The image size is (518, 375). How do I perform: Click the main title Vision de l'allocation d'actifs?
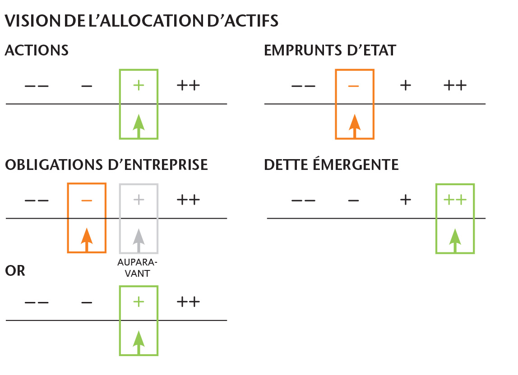pyautogui.click(x=141, y=21)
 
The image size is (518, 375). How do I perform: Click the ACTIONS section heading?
pyautogui.click(x=37, y=50)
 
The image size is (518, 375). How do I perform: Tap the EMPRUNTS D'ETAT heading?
pyautogui.click(x=330, y=50)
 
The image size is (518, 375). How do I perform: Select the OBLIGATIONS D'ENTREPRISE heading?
pyautogui.click(x=106, y=165)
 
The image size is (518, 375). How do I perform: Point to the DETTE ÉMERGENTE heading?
pyautogui.click(x=331, y=165)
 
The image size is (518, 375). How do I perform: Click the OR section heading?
pyautogui.click(x=15, y=271)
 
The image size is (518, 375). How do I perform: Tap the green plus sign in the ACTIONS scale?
pyautogui.click(x=139, y=86)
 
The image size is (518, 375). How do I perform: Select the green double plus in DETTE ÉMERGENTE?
pyautogui.click(x=455, y=200)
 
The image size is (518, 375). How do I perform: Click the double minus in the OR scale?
pyautogui.click(x=36, y=302)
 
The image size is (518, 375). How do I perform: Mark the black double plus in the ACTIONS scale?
pyautogui.click(x=188, y=86)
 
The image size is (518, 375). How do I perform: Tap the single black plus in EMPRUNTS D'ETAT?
pyautogui.click(x=406, y=86)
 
